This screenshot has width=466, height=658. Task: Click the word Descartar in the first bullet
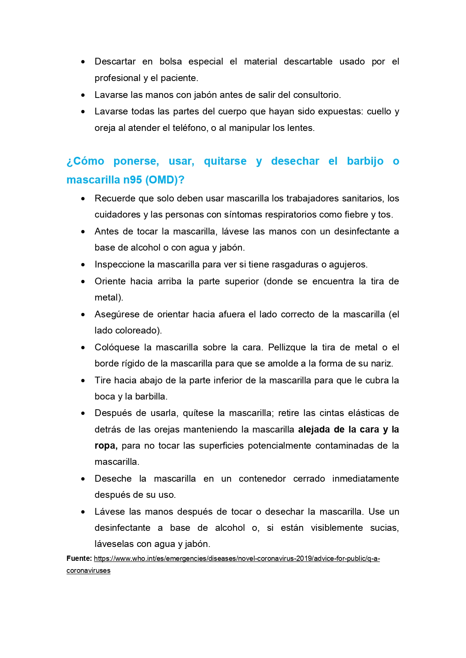(115, 62)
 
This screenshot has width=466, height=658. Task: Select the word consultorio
(316, 95)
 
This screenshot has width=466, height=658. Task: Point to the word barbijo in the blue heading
(365, 161)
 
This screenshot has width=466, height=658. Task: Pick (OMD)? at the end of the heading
(165, 180)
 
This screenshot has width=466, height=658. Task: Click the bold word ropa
(106, 446)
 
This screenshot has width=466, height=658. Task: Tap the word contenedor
(262, 479)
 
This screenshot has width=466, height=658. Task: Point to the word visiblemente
(336, 528)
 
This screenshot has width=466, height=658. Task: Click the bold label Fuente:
(79, 559)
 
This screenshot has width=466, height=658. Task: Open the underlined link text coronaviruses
(88, 571)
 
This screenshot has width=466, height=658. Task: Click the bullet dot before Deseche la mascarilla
(83, 479)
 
